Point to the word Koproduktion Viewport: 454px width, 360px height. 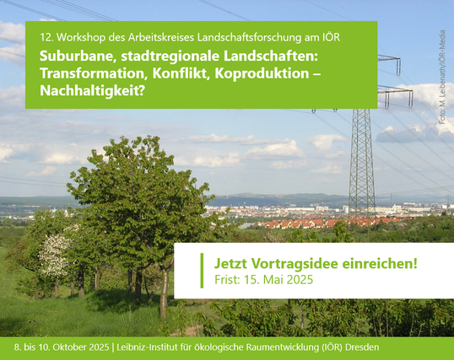262,73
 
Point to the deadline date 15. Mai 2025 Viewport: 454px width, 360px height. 278,280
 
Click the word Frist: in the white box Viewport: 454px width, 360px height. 228,280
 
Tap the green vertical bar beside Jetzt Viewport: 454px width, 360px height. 202,271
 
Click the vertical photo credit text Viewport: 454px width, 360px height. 442,78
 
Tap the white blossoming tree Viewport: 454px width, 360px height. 55,255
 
